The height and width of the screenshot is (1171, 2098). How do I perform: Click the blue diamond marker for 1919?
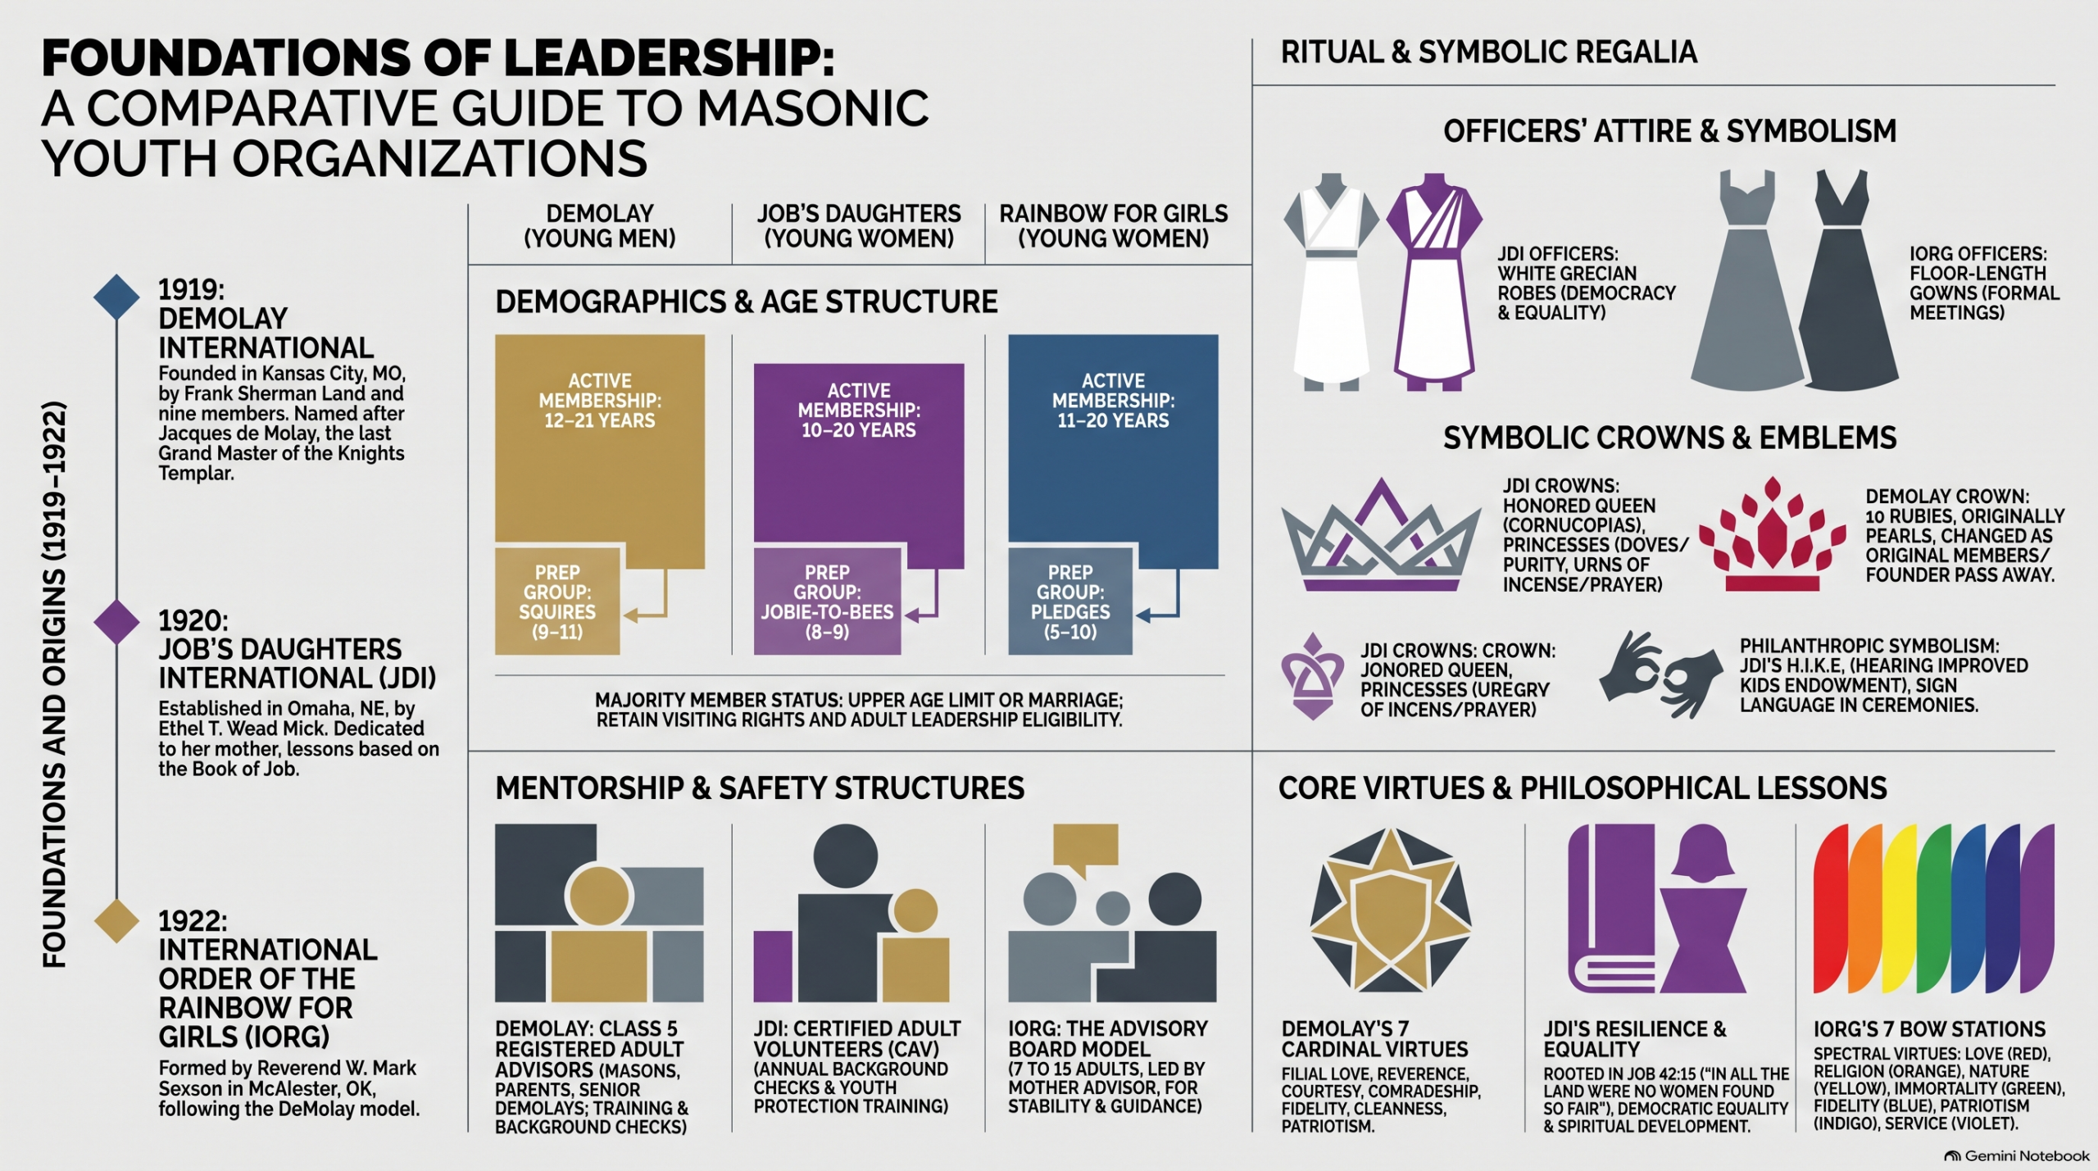pyautogui.click(x=116, y=296)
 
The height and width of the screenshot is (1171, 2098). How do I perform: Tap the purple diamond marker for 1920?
pyautogui.click(x=116, y=622)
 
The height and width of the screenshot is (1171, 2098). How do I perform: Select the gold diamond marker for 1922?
pyautogui.click(x=116, y=920)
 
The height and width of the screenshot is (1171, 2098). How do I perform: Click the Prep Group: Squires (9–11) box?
pyautogui.click(x=557, y=601)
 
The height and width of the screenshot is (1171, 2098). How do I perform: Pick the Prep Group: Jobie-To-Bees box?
pyautogui.click(x=827, y=601)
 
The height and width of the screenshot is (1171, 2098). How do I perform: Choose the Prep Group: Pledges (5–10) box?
pyautogui.click(x=1070, y=601)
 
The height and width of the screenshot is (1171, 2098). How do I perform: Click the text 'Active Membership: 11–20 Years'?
pyautogui.click(x=1113, y=401)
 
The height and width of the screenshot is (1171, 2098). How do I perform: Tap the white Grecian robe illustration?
pyautogui.click(x=1331, y=280)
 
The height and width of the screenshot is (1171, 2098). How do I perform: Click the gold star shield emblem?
pyautogui.click(x=1390, y=910)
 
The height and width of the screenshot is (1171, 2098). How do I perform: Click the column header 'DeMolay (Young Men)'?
pyautogui.click(x=600, y=226)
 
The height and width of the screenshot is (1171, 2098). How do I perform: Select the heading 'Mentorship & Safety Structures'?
pyautogui.click(x=760, y=788)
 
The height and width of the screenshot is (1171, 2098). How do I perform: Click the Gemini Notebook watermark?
pyautogui.click(x=2017, y=1156)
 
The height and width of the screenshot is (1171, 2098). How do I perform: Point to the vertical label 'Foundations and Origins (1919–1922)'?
pyautogui.click(x=54, y=684)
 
